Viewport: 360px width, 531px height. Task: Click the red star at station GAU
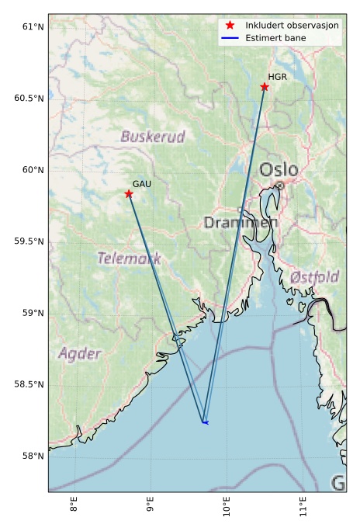click(129, 193)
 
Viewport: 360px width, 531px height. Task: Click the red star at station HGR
click(265, 86)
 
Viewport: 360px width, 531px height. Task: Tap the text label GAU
click(142, 184)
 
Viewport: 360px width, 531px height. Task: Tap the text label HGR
click(277, 77)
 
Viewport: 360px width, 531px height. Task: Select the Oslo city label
click(278, 170)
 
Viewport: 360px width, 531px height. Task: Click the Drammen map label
click(241, 223)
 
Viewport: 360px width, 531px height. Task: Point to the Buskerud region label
click(153, 137)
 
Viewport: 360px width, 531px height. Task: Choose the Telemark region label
click(129, 258)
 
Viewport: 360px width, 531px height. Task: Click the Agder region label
click(79, 354)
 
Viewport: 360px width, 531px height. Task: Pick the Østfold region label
click(314, 277)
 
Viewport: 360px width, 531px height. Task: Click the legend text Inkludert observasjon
click(292, 25)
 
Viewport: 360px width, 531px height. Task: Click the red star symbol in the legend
click(229, 25)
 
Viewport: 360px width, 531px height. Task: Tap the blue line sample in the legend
click(229, 37)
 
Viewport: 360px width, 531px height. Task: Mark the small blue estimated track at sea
click(205, 422)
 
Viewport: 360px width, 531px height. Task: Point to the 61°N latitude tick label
click(33, 27)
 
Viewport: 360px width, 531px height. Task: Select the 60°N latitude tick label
click(33, 170)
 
